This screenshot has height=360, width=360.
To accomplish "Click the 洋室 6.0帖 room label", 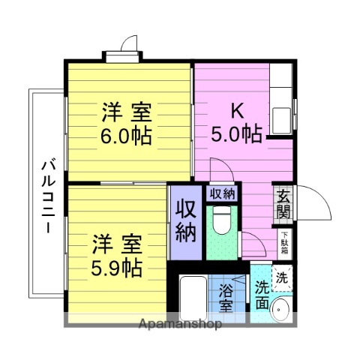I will coord(127,124).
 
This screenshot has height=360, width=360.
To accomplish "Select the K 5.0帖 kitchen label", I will coord(235,122).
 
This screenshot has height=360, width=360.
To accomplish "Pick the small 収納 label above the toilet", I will coord(222,193).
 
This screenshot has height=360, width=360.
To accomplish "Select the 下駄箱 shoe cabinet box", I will coord(284,241).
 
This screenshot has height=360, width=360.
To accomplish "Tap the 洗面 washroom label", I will coord(262,295).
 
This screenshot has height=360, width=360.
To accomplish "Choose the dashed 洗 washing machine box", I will coord(282,277).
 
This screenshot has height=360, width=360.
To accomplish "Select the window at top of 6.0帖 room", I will coord(122,55).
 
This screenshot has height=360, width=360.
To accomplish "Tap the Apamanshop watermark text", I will coord(179,325).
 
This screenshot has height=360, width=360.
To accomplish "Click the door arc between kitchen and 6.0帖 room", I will coord(219,169).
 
